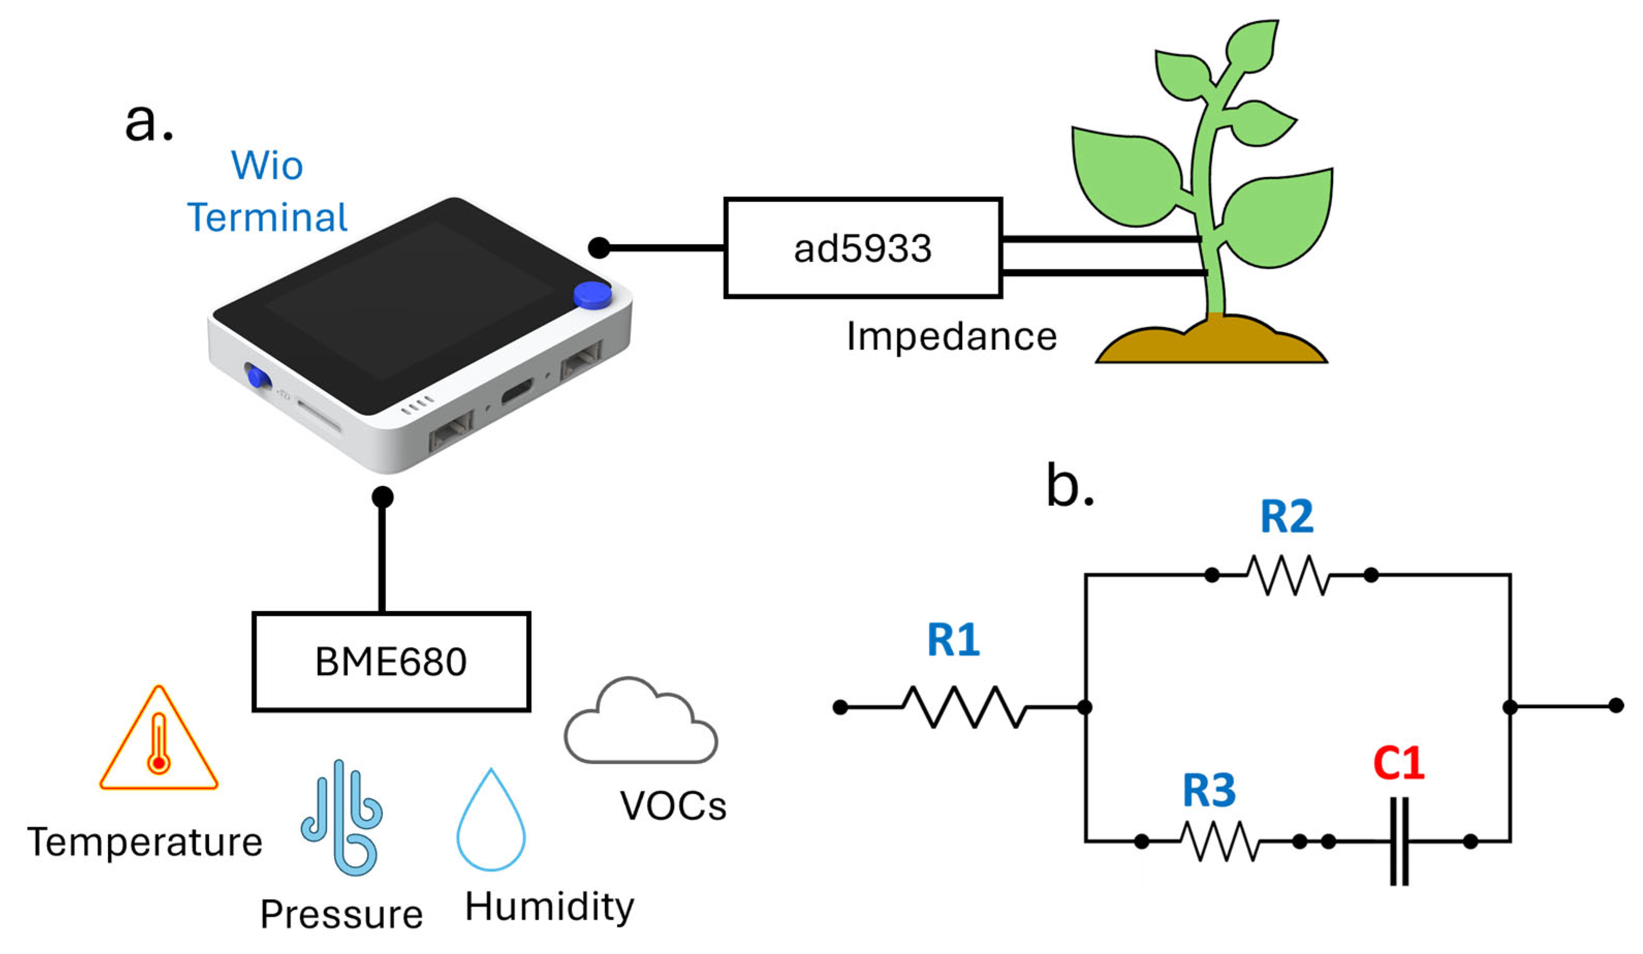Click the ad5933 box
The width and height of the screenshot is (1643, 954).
(x=863, y=248)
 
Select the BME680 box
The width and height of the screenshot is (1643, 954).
(x=391, y=661)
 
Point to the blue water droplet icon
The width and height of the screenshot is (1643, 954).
(x=491, y=820)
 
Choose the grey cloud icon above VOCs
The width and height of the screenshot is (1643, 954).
(x=640, y=721)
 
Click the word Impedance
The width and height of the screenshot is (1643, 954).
(x=951, y=338)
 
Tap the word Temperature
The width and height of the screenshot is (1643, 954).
(x=145, y=842)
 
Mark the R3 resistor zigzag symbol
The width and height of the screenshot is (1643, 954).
(x=1220, y=841)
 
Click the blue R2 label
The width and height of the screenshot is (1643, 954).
(x=1286, y=517)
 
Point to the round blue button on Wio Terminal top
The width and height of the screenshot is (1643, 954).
(x=592, y=295)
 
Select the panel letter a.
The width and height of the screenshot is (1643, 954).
(x=149, y=122)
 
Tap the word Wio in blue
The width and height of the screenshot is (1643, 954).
(x=267, y=166)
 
